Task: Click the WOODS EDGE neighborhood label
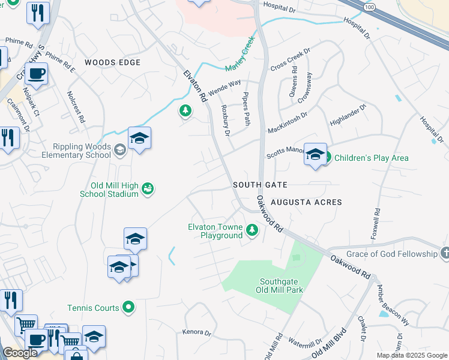pyautogui.click(x=113, y=62)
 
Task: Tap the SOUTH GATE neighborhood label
pyautogui.click(x=261, y=185)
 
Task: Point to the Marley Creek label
pyautogui.click(x=241, y=54)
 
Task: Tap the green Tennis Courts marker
pyautogui.click(x=128, y=308)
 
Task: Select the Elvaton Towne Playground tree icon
pyautogui.click(x=253, y=230)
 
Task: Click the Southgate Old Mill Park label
pyautogui.click(x=281, y=286)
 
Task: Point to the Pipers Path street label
pyautogui.click(x=246, y=109)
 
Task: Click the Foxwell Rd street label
pyautogui.click(x=376, y=224)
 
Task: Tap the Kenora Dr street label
pyautogui.click(x=197, y=332)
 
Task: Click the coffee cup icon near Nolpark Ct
pyautogui.click(x=37, y=74)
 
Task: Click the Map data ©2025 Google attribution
pyautogui.click(x=412, y=355)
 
